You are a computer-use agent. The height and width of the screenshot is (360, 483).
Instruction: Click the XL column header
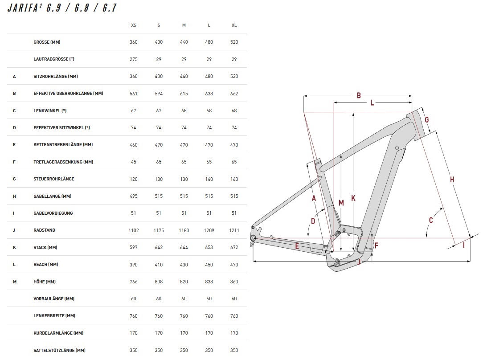[x=234, y=25]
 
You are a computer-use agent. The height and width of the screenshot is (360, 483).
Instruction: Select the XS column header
[x=134, y=25]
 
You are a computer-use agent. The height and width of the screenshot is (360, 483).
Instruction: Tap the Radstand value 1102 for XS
[x=134, y=230]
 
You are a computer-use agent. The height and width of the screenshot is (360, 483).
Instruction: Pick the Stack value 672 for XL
[x=234, y=248]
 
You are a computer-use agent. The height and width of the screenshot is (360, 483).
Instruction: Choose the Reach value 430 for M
[x=184, y=265]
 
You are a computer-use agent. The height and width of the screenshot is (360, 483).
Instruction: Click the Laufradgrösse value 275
[x=134, y=59]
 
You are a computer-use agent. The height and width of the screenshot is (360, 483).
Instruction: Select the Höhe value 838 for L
[x=209, y=282]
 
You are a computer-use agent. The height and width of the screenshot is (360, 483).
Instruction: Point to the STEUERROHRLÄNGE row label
[x=53, y=179]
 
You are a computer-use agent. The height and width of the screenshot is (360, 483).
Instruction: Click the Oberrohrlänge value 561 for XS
[x=134, y=94]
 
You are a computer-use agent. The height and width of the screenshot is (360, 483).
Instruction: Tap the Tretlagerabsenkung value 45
[x=134, y=162]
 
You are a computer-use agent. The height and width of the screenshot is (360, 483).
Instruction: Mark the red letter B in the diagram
[x=358, y=95]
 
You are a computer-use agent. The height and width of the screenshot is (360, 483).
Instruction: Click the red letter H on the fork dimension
[x=452, y=180]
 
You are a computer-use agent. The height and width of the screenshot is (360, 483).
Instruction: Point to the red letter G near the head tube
[x=426, y=119]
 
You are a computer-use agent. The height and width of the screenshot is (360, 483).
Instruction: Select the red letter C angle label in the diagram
[x=431, y=220]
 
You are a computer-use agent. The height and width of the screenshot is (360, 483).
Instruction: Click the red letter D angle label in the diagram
[x=313, y=221]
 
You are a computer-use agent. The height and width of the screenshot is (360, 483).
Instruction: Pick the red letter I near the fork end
[x=463, y=245]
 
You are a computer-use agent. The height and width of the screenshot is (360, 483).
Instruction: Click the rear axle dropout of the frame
[x=254, y=239]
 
